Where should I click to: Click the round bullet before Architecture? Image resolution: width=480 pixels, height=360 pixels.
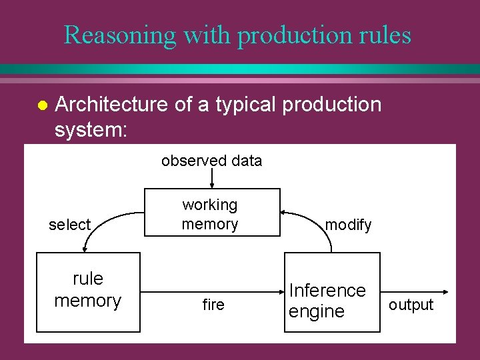pos(41,105)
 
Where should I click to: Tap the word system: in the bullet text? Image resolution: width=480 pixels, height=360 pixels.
pos(90,129)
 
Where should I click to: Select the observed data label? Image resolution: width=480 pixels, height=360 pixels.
pos(211,161)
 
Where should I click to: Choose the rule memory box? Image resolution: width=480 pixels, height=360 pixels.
pos(88,292)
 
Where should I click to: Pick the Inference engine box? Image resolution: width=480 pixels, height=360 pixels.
pos(331,292)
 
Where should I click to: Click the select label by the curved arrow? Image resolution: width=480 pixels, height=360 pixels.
pos(69,225)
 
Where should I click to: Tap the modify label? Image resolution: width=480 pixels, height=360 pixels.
pos(348,225)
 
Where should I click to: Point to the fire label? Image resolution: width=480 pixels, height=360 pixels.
pos(213,305)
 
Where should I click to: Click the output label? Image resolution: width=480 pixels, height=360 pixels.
pos(411,305)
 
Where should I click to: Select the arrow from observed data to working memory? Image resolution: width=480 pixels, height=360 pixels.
pos(212,179)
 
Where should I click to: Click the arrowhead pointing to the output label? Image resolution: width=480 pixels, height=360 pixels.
pos(443,292)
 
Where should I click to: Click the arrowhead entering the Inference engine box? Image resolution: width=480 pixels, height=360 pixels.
pos(281,292)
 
